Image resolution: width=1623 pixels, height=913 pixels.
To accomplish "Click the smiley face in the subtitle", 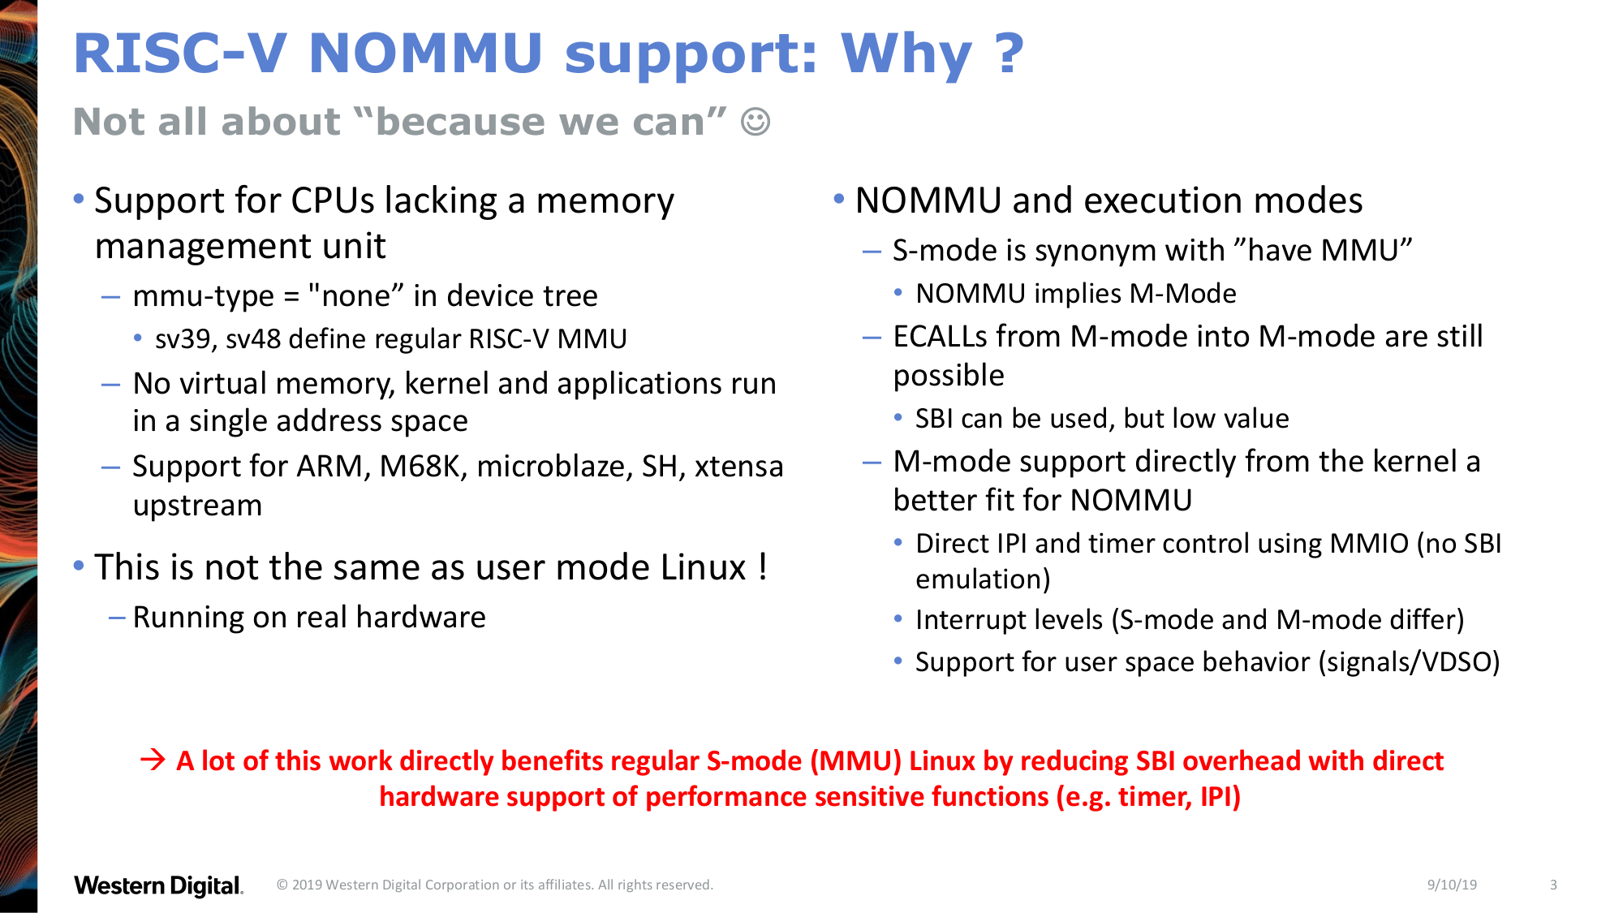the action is point(756,122).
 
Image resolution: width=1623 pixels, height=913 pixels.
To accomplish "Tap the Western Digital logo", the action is point(159,885).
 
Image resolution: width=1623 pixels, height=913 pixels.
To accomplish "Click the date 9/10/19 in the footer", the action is point(1452,885).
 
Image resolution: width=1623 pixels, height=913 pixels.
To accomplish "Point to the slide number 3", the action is point(1553,885).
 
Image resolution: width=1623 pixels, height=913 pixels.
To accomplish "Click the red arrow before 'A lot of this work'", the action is point(153,760).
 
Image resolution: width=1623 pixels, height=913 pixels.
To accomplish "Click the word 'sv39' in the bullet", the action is point(186,339).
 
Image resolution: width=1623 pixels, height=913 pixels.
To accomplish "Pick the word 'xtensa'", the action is point(738,466).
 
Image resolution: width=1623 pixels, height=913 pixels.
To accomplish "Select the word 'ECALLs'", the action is point(940,336).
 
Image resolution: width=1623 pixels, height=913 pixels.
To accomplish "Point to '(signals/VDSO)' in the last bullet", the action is point(1409,662).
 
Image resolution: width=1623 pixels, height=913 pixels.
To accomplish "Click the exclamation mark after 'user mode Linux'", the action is point(763,566).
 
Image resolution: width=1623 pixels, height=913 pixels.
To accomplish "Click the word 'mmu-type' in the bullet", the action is point(204,296).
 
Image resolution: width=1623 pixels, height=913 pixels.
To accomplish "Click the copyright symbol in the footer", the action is point(282,885).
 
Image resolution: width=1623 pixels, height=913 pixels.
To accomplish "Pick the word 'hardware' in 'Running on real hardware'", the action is point(421,617).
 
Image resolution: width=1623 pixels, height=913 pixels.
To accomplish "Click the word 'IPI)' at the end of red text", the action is point(1220,797).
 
